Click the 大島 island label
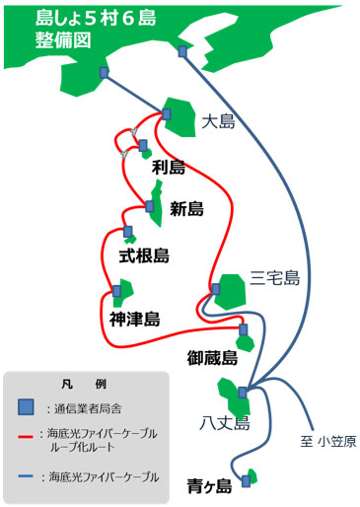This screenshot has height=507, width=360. click(x=218, y=122)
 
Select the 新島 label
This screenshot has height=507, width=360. click(x=186, y=208)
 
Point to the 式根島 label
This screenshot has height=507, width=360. click(x=144, y=255)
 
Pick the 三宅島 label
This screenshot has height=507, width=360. click(x=274, y=278)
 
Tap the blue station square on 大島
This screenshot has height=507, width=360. click(x=166, y=114)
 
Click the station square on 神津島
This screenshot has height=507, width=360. click(x=117, y=291)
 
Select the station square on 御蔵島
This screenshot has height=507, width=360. click(x=243, y=329)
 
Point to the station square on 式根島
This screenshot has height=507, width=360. click(x=127, y=233)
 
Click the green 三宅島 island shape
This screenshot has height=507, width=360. click(x=235, y=291)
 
